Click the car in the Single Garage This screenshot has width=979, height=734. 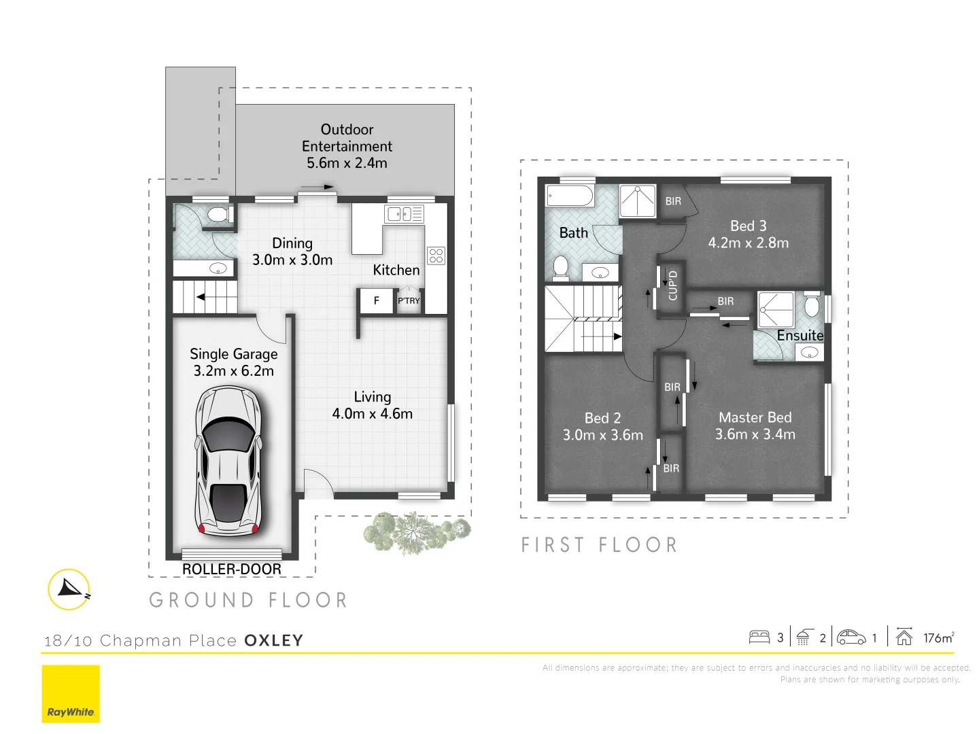228,462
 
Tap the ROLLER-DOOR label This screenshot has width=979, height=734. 231,570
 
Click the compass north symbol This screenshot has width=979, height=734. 70,589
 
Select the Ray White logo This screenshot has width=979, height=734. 71,694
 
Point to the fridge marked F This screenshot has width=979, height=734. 376,300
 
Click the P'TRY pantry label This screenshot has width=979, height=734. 409,300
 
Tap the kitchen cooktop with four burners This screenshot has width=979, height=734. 436,256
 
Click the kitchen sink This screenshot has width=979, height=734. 404,214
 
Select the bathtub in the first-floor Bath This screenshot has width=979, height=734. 570,196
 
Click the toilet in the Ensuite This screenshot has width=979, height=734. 812,306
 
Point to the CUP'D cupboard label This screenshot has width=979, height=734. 672,285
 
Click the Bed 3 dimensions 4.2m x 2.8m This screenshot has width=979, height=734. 748,243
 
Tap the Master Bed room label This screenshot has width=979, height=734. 755,417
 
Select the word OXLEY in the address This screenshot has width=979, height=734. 273,640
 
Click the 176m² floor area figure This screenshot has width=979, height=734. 938,637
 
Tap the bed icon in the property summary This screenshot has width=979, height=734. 759,637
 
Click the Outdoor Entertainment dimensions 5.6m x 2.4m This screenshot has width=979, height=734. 347,163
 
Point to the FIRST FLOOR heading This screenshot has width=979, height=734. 599,545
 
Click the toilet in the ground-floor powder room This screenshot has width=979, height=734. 218,215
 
